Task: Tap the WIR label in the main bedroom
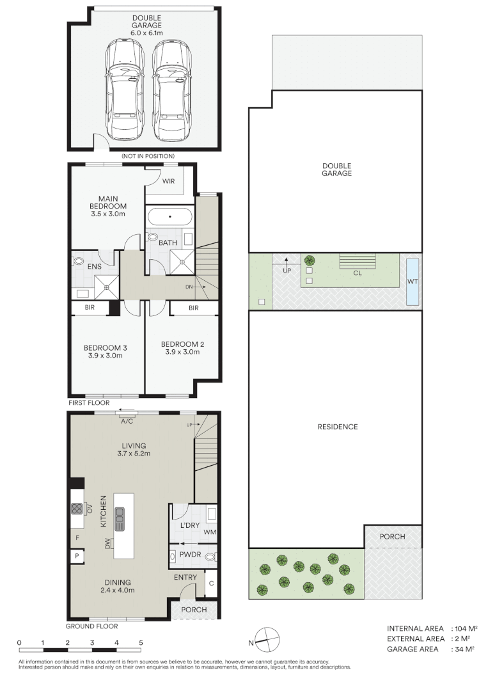click(168, 182)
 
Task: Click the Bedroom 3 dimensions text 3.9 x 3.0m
click(106, 357)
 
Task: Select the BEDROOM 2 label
click(182, 344)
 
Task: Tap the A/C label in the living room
click(127, 422)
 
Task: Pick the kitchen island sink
click(120, 518)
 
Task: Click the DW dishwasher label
click(107, 544)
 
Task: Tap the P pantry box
click(77, 557)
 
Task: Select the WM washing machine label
click(210, 532)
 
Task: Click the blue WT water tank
click(413, 282)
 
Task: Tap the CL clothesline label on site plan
click(358, 272)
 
